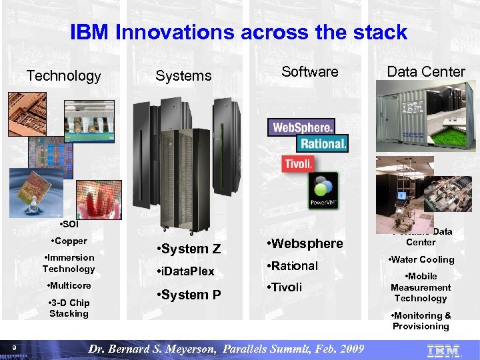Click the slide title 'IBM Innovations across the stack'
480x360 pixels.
point(239,32)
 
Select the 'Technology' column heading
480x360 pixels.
point(63,76)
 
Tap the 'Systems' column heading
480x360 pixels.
point(183,76)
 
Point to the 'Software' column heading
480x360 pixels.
point(309,71)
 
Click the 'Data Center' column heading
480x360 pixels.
point(426,71)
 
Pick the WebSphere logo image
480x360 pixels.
point(301,127)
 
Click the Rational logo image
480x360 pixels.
point(323,143)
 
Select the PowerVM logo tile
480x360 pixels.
point(322,191)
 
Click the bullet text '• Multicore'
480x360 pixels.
point(69,285)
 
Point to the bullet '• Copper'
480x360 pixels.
point(68,241)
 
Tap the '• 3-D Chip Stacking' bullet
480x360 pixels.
point(69,308)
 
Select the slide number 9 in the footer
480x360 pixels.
point(14,346)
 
